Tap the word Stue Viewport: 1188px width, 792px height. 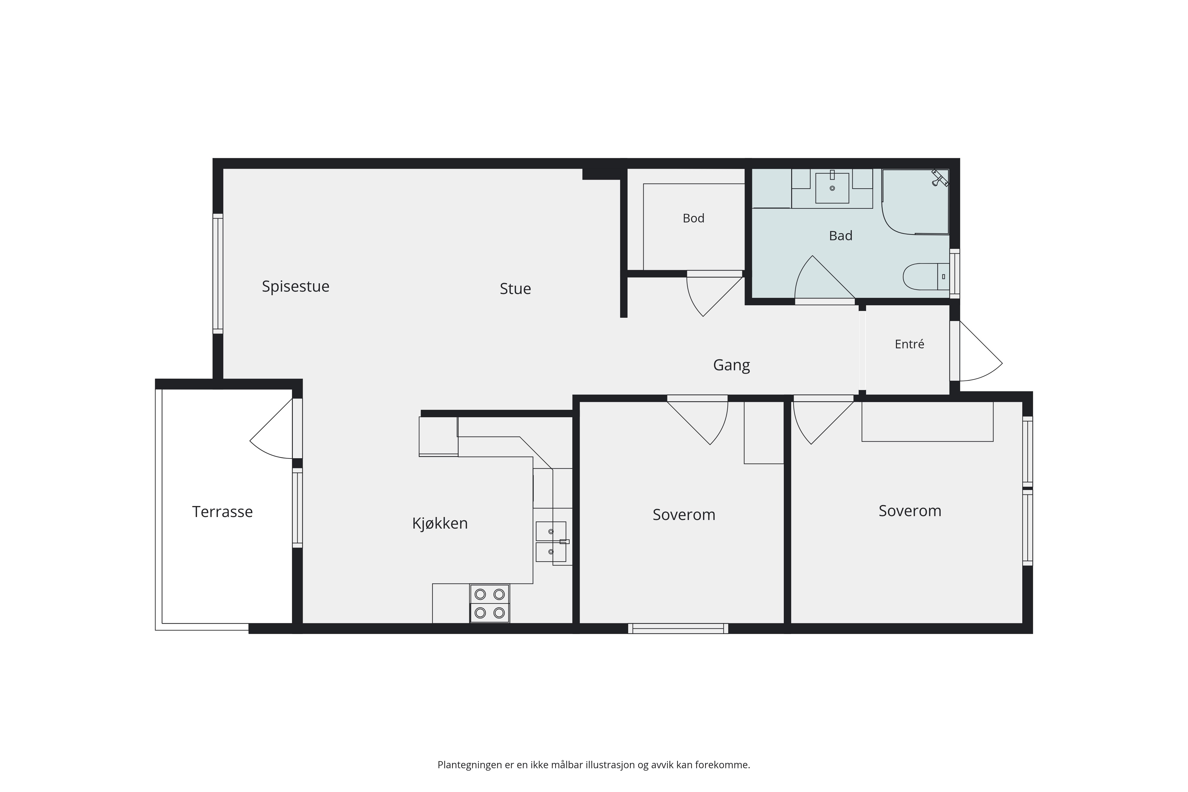(x=515, y=289)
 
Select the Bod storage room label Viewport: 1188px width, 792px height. (x=693, y=218)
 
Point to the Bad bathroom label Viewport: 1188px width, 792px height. (x=841, y=236)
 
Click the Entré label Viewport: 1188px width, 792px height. (x=909, y=344)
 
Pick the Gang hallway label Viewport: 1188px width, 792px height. (x=732, y=365)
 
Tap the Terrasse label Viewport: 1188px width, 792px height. (x=222, y=512)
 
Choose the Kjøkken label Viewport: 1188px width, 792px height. (x=440, y=523)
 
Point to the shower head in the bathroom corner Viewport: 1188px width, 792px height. (x=939, y=178)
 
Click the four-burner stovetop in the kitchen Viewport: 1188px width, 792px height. (x=489, y=604)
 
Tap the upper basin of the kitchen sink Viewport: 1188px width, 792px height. (x=551, y=531)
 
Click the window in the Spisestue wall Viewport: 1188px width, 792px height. (x=218, y=273)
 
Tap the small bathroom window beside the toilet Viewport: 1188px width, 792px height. (x=955, y=273)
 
